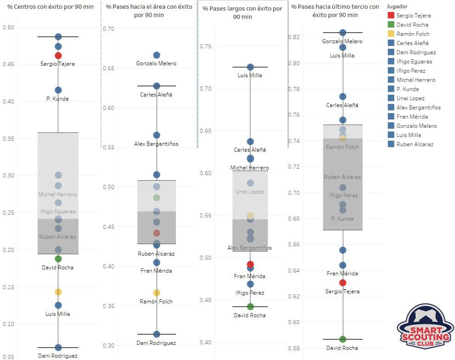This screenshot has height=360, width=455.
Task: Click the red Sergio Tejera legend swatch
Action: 391,16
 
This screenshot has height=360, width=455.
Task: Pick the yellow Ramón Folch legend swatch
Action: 391,34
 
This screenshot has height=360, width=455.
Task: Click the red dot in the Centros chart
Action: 58,56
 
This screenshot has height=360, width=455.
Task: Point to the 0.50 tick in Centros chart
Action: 8,28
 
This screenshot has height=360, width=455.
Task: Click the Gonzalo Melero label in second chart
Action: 156,63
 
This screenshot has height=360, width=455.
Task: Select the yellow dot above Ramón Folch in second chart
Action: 156,293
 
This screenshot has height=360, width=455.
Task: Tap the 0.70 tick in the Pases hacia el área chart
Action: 109,29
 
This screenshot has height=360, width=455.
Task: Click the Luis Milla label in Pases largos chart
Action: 250,75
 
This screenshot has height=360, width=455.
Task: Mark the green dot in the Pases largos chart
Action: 250,307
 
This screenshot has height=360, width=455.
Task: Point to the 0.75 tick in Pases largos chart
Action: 206,46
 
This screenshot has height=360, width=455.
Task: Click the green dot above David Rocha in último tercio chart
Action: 343,339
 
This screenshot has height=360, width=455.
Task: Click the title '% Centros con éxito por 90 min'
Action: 51,7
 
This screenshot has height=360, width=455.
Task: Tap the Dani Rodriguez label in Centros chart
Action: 58,356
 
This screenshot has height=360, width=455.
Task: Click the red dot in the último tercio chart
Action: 343,283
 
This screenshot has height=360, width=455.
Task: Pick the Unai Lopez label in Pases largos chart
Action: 250,192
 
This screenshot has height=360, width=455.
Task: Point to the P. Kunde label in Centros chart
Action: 58,99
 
